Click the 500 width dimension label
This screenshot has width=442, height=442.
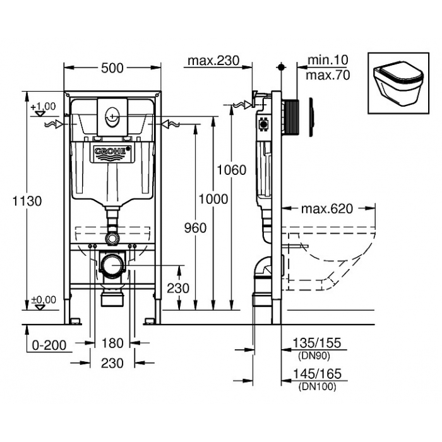pyautogui.click(x=112, y=68)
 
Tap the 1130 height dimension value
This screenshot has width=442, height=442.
pyautogui.click(x=27, y=201)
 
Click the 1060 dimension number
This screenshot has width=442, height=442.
pyautogui.click(x=231, y=170)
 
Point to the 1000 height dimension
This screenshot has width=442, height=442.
pyautogui.click(x=213, y=200)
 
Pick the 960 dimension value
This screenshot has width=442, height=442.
pyautogui.click(x=195, y=228)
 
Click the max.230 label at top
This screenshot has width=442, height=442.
pyautogui.click(x=213, y=61)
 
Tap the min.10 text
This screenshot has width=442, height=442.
pyautogui.click(x=328, y=60)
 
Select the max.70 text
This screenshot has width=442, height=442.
pyautogui.click(x=328, y=75)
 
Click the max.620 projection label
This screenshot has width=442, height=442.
pyautogui.click(x=327, y=209)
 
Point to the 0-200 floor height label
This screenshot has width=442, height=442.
pyautogui.click(x=49, y=345)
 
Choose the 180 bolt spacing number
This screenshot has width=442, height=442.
pyautogui.click(x=112, y=343)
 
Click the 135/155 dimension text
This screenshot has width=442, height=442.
pyautogui.click(x=317, y=343)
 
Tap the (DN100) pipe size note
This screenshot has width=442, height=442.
pyautogui.click(x=318, y=386)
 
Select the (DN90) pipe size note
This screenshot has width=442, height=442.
pyautogui.click(x=314, y=356)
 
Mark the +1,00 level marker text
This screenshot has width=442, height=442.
pyautogui.click(x=43, y=107)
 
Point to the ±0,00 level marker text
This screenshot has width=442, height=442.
pyautogui.click(x=44, y=300)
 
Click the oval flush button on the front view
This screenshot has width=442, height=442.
pyautogui.click(x=112, y=116)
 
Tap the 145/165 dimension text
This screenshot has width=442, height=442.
pyautogui.click(x=317, y=374)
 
